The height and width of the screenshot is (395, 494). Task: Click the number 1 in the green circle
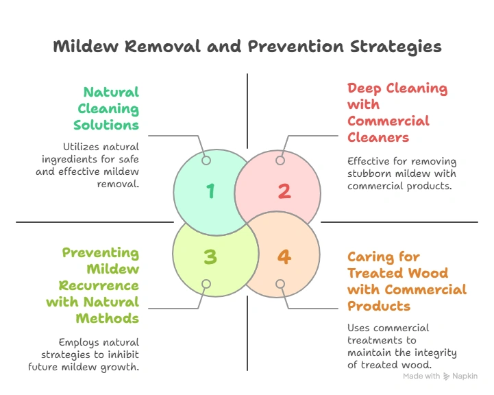click(x=210, y=191)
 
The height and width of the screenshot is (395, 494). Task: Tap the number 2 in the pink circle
click(x=284, y=191)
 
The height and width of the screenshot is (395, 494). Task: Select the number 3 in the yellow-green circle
click(x=210, y=256)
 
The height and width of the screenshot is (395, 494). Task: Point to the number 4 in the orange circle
click(x=284, y=256)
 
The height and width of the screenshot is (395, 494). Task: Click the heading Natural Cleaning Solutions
click(x=109, y=108)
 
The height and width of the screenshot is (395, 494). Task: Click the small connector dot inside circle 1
click(x=206, y=160)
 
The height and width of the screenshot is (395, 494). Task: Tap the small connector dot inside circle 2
click(x=280, y=160)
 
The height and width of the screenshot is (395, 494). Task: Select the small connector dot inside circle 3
click(x=206, y=284)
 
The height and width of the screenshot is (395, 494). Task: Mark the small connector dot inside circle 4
click(x=280, y=284)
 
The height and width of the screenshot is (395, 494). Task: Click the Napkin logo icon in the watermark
click(x=447, y=376)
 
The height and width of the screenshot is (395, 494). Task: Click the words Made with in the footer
click(x=421, y=376)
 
